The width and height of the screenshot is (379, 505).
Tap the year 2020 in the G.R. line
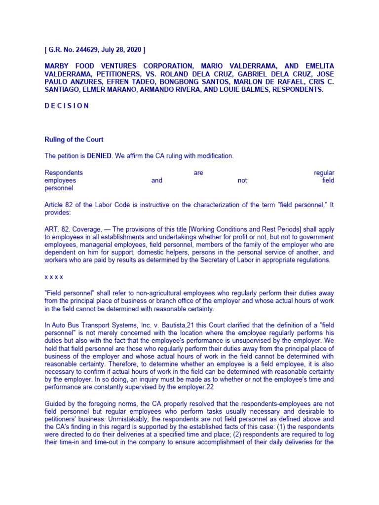[133, 50]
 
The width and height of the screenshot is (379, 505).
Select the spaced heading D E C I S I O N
[67, 106]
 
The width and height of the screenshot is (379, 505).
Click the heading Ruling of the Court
[74, 140]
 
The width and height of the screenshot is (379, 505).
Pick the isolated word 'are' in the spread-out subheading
[198, 173]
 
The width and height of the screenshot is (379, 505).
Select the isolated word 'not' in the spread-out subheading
[242, 180]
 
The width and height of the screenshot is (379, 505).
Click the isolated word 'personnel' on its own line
[59, 188]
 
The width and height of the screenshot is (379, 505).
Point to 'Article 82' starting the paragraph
[59, 205]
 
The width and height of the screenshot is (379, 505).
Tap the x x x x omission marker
[54, 277]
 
